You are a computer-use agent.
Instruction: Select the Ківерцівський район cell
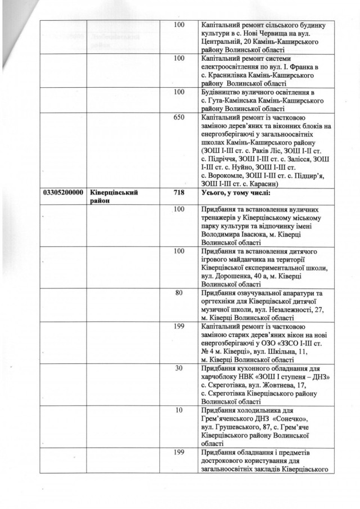(115, 197)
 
